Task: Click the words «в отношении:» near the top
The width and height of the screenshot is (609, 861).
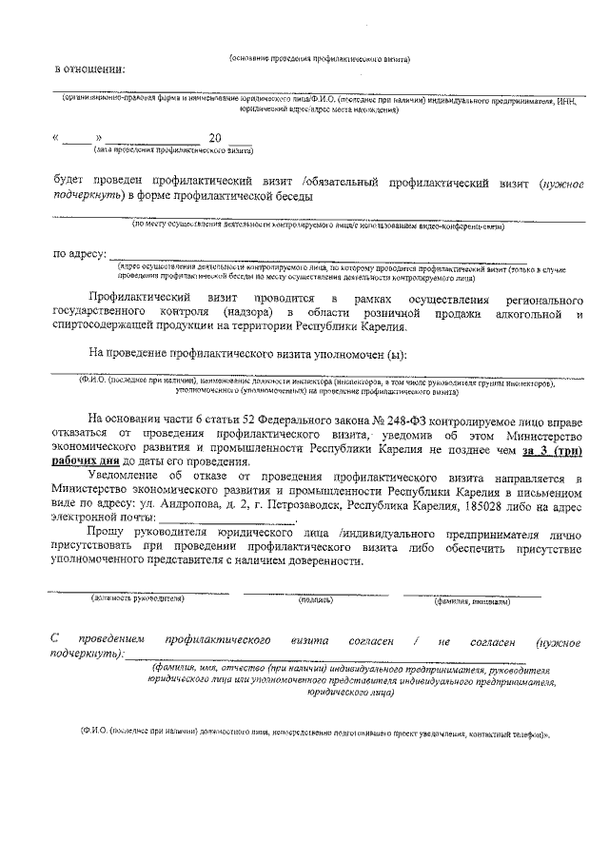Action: [88, 68]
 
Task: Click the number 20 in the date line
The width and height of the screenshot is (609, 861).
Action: [227, 138]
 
